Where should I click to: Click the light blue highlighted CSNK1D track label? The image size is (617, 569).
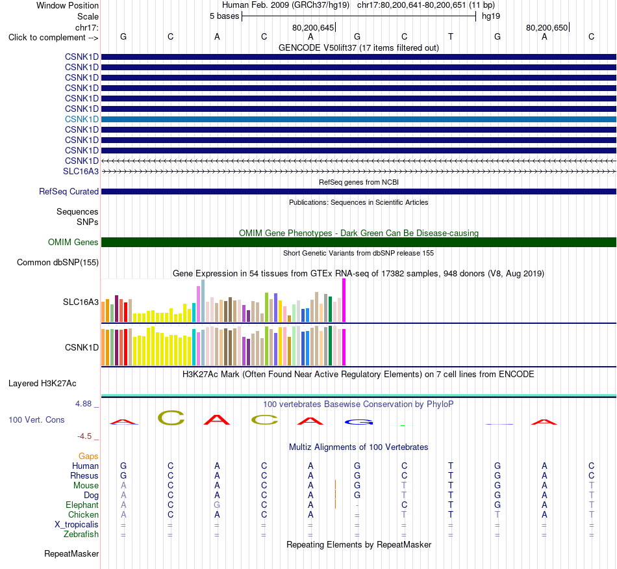82,119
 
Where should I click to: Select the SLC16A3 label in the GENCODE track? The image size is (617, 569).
81,171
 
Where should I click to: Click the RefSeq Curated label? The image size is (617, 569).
69,191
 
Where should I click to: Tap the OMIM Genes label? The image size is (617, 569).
73,242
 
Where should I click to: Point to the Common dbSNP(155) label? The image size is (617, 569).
58,263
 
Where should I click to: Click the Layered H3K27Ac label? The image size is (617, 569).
42,384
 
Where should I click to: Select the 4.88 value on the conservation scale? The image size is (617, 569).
83,404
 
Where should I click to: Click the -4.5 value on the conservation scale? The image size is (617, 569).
84,436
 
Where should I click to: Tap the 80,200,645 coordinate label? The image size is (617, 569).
313,27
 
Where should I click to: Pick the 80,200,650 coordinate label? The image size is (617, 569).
547,27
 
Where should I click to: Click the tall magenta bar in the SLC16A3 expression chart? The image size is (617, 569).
344,300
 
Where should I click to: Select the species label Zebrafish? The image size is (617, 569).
81,535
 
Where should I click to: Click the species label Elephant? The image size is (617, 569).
82,505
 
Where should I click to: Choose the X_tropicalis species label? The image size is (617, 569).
77,525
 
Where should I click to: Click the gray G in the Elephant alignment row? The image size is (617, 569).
217,505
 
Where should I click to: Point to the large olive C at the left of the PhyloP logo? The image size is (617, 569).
171,417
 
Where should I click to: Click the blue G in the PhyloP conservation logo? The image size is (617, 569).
359,423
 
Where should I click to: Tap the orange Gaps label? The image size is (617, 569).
88,457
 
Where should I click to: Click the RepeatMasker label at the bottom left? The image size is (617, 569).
71,553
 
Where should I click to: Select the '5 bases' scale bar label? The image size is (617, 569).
224,16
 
